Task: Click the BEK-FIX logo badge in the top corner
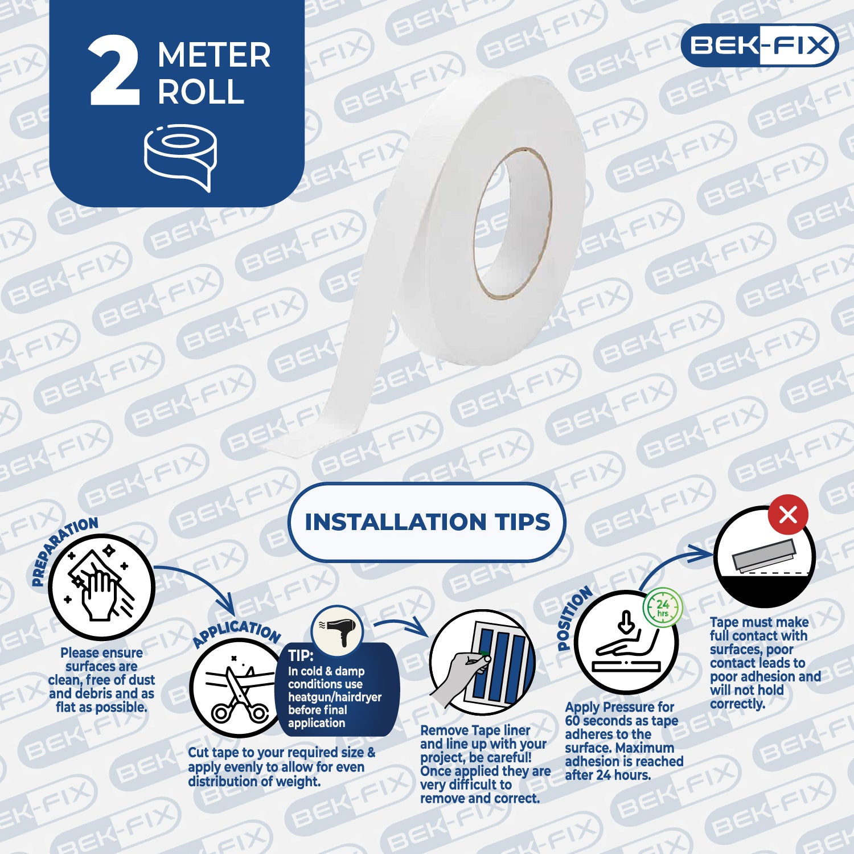759,45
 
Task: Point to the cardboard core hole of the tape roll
513,223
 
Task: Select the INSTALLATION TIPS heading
427,522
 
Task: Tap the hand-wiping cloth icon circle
101,586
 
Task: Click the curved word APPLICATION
236,633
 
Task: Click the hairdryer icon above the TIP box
337,631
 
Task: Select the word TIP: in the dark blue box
301,655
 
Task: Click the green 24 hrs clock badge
663,607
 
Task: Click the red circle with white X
788,515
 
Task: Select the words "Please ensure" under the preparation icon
101,653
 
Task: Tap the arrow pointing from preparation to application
199,578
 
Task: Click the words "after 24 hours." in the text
607,775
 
